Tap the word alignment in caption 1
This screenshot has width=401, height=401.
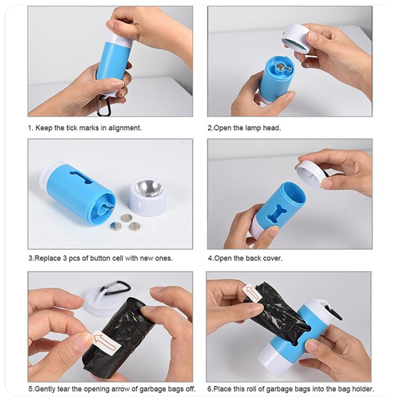pos(125,128)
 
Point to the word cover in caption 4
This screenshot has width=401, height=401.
pos(273,259)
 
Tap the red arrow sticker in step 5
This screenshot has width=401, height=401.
pos(105,339)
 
